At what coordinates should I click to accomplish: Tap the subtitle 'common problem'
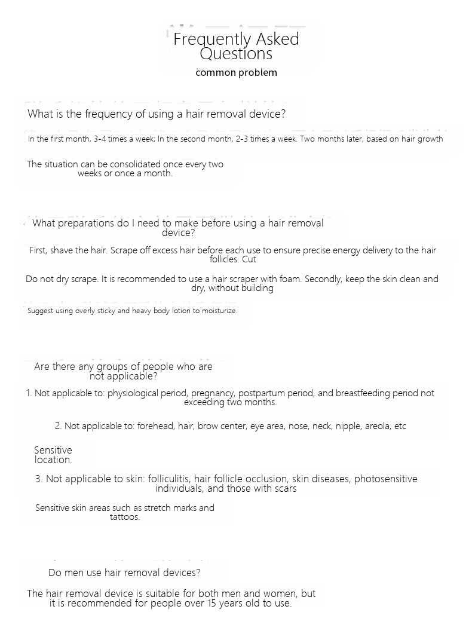point(236,73)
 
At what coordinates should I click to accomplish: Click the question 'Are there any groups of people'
point(123,367)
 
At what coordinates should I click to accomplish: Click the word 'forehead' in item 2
point(154,426)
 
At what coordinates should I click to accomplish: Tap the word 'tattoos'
point(124,517)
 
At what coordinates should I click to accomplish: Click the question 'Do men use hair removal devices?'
point(124,572)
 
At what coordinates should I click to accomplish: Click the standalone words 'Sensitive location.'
point(53,455)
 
